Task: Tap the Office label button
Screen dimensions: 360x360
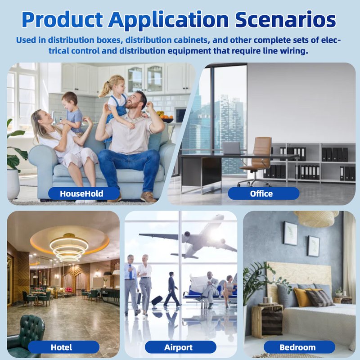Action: tap(264, 193)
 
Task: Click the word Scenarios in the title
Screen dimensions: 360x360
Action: tap(285, 19)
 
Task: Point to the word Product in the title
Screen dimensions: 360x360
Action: tap(62, 19)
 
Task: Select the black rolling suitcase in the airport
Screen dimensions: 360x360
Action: tap(157, 301)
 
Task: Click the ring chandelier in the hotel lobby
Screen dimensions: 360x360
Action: tap(69, 248)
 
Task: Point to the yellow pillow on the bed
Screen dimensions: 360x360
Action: tap(302, 297)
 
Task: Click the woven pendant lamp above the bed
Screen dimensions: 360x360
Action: tap(316, 219)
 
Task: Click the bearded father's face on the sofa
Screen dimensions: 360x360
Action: tap(133, 101)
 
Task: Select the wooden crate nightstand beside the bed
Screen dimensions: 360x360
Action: tap(267, 321)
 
